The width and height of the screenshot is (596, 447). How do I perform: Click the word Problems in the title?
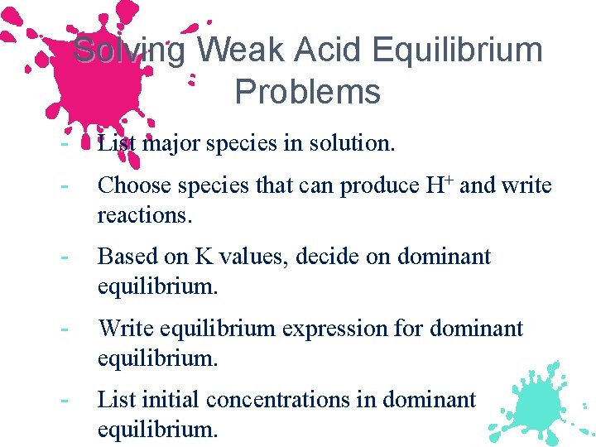click(308, 92)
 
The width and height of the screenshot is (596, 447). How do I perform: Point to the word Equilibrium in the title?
click(458, 50)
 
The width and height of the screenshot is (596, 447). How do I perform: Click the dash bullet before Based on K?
click(64, 257)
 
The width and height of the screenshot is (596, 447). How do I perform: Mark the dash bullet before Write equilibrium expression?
click(64, 329)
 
